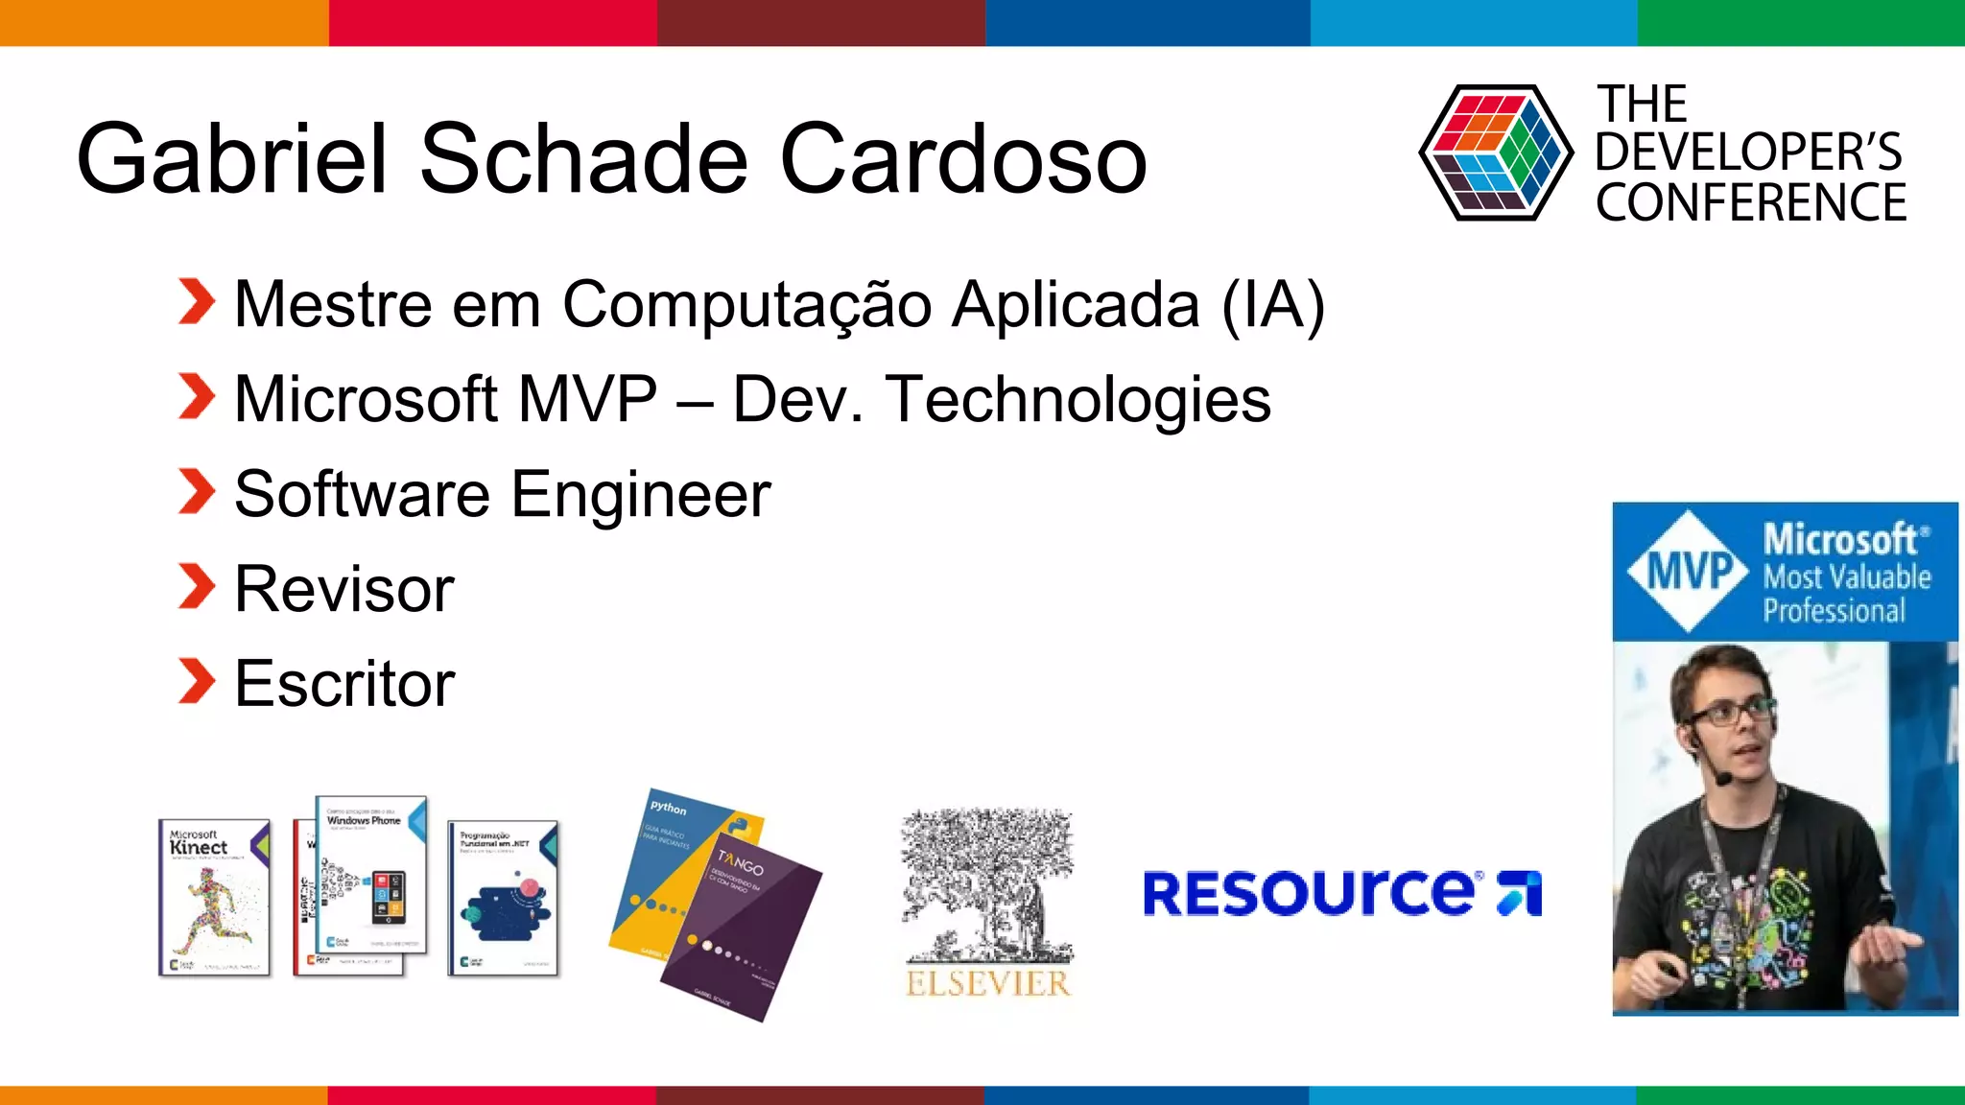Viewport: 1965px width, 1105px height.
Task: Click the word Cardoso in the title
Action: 963,159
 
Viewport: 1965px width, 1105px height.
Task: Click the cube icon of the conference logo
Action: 1495,153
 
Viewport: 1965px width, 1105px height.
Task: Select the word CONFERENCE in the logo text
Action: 1751,203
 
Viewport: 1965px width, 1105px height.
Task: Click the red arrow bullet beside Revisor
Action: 197,587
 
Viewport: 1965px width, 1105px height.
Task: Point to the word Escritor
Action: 344,684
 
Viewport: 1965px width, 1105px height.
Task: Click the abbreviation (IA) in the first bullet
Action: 1273,305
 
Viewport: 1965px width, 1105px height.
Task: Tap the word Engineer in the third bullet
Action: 640,495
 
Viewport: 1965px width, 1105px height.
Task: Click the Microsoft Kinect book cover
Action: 214,898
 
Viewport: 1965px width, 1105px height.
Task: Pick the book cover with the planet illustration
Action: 503,898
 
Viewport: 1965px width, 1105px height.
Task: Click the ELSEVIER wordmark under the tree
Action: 987,983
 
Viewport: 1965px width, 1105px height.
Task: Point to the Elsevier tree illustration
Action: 987,882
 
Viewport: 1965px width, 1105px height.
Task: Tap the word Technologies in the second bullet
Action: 1078,400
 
